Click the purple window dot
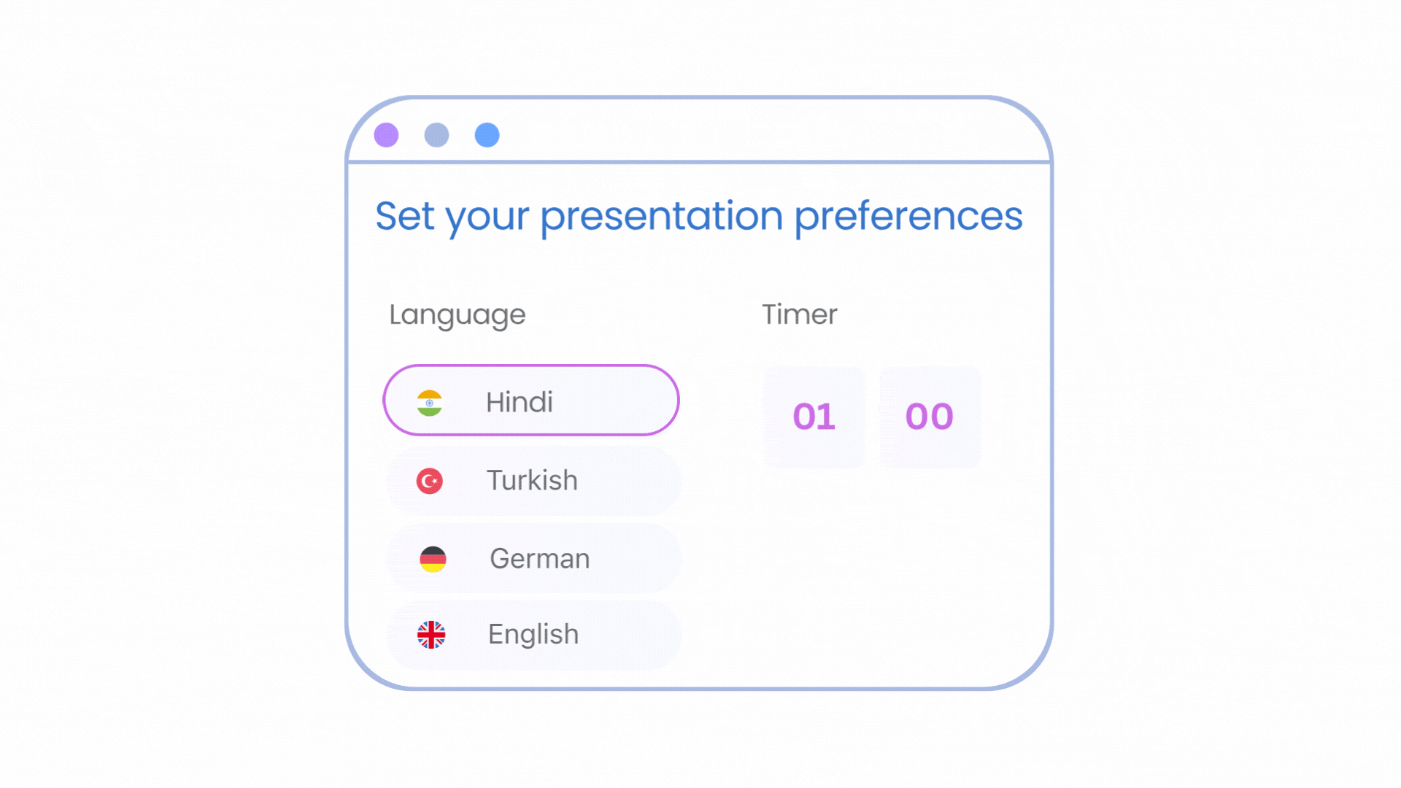coord(386,135)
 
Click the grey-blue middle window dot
coord(436,135)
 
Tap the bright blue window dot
coord(487,135)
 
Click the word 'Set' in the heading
coord(404,216)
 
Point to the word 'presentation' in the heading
coord(661,217)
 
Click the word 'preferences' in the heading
coord(908,217)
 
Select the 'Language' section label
coord(457,315)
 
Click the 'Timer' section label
coord(799,314)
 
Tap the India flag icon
coord(430,403)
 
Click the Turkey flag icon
coord(430,481)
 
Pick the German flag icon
coord(433,559)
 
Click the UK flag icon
coord(431,635)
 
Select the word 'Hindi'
coord(520,402)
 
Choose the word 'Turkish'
coord(532,480)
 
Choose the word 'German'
coord(539,559)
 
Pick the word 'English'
coord(533,635)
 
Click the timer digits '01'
coord(814,417)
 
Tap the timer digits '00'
coord(929,417)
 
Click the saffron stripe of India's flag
coord(430,394)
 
